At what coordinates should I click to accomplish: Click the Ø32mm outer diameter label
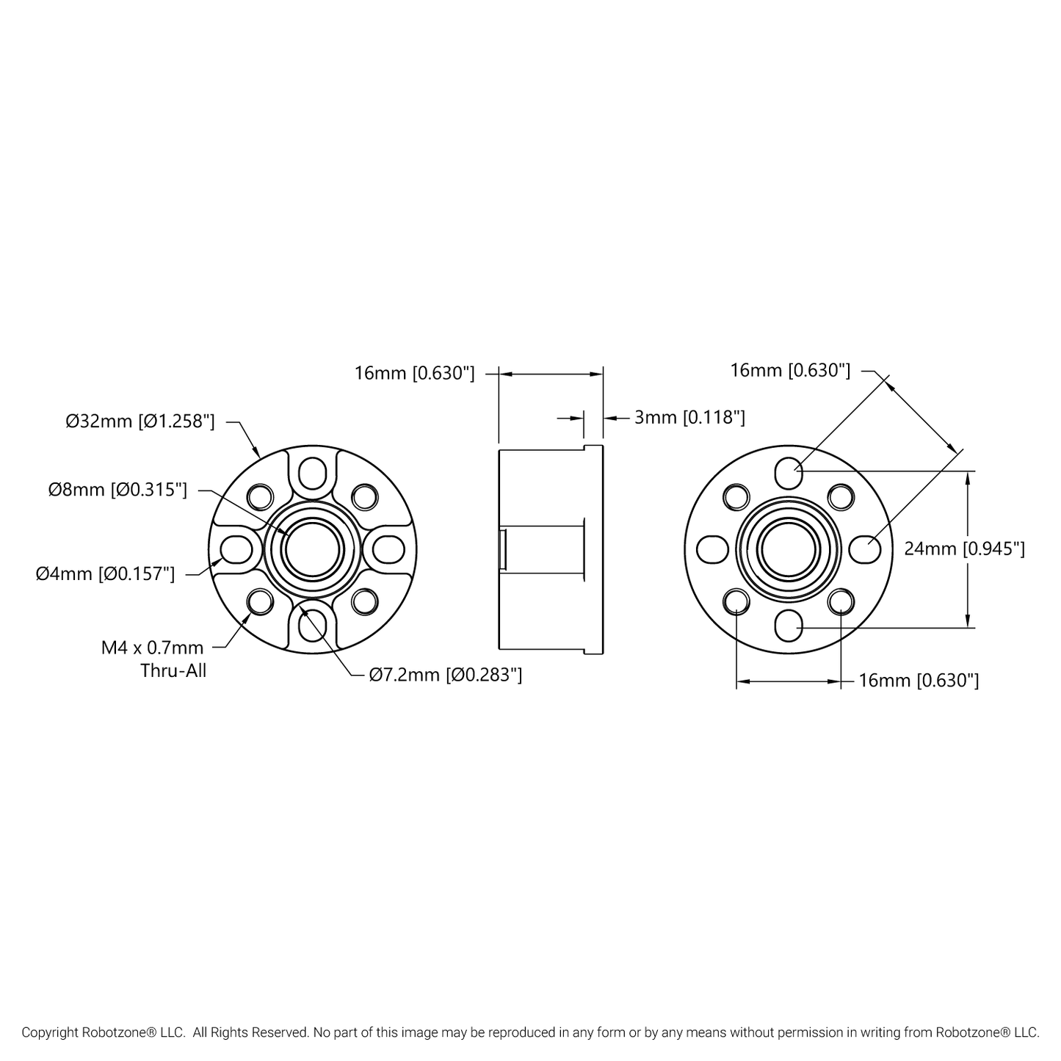pyautogui.click(x=140, y=421)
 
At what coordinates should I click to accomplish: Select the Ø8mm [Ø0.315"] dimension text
pyautogui.click(x=117, y=490)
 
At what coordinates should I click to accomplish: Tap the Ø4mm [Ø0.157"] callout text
pyautogui.click(x=105, y=574)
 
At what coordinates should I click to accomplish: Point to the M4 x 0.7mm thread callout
pyautogui.click(x=153, y=648)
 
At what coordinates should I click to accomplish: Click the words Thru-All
pyautogui.click(x=173, y=670)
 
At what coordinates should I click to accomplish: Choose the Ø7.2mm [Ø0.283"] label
pyautogui.click(x=446, y=675)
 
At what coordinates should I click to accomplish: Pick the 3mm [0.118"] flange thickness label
pyautogui.click(x=690, y=417)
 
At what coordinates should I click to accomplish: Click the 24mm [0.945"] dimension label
pyautogui.click(x=965, y=548)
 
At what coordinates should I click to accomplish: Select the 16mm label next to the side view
pyautogui.click(x=414, y=373)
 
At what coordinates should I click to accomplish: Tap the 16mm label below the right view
pyautogui.click(x=919, y=681)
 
